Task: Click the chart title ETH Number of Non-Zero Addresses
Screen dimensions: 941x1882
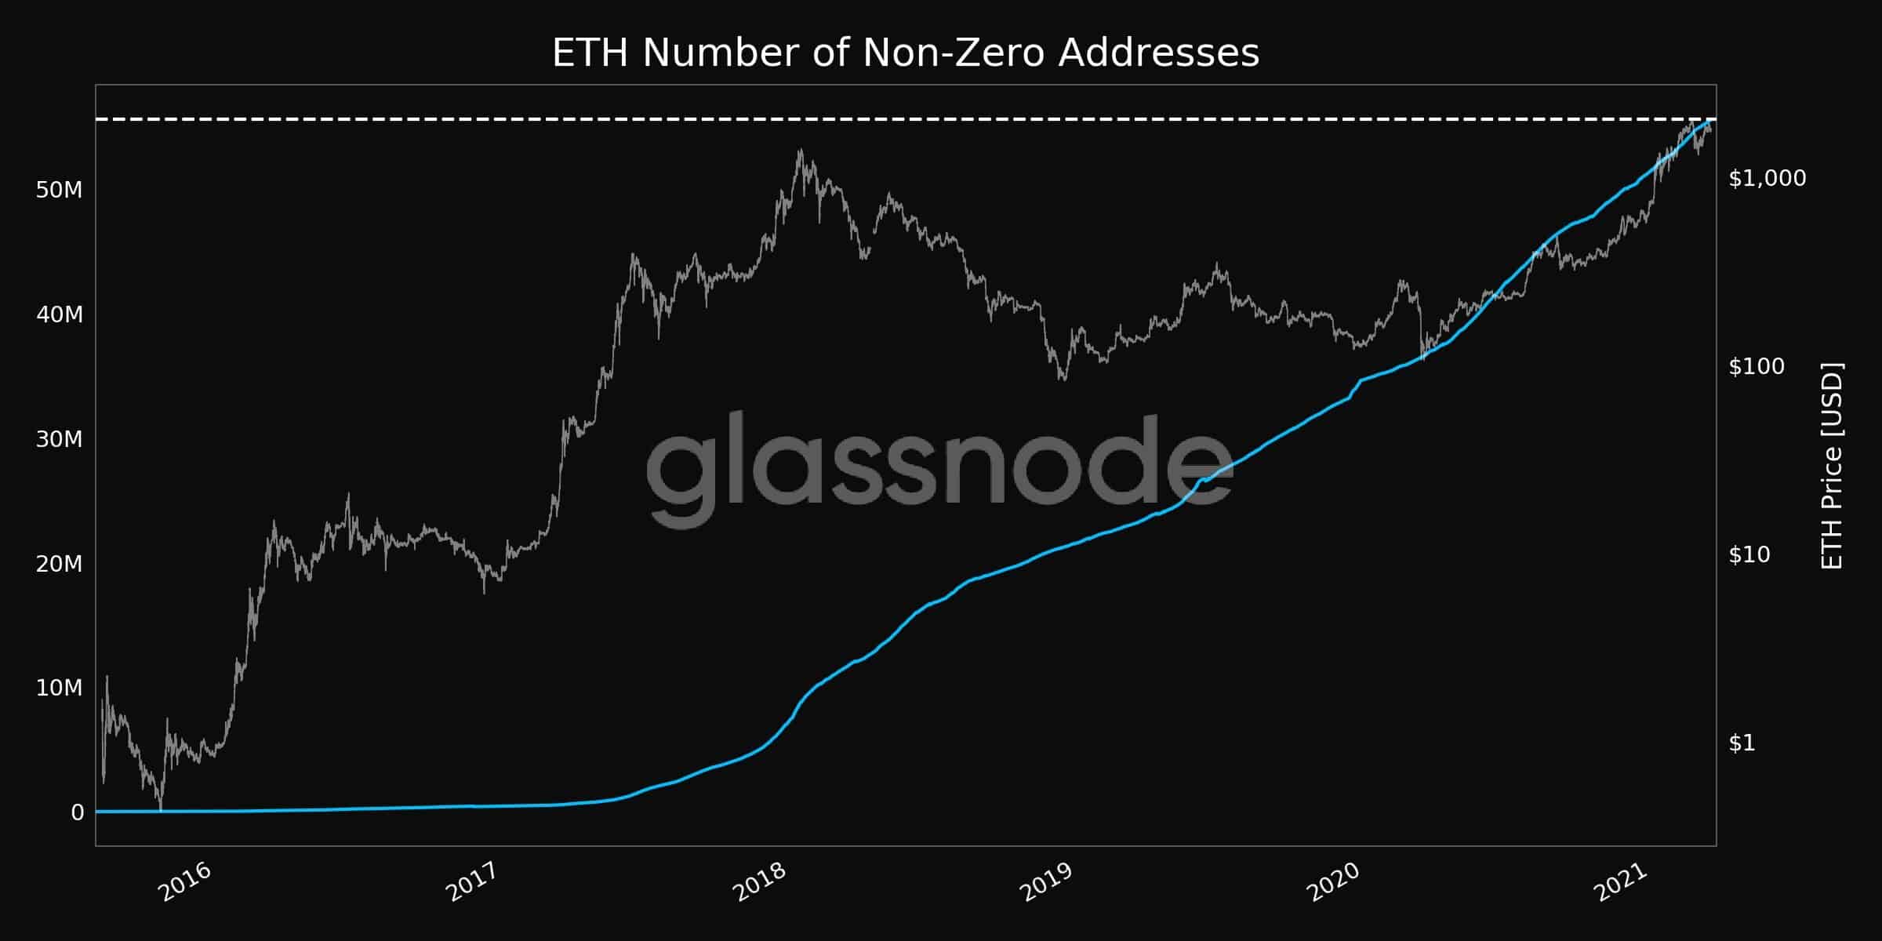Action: click(x=906, y=53)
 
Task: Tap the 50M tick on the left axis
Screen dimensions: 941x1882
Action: click(x=59, y=190)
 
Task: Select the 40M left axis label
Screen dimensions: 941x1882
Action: click(x=59, y=314)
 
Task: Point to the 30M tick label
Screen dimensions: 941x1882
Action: click(x=59, y=439)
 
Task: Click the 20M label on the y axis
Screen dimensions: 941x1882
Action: click(x=59, y=564)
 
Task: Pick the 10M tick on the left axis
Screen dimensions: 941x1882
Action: click(x=59, y=688)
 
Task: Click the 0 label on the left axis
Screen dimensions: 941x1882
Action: click(x=77, y=813)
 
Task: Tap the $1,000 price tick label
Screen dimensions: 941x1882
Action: click(x=1767, y=178)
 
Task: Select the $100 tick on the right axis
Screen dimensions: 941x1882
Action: click(x=1756, y=366)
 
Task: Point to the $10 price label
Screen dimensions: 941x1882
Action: click(x=1749, y=554)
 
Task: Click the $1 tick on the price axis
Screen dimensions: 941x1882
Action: click(x=1742, y=743)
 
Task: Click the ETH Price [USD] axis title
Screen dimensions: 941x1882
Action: click(x=1832, y=466)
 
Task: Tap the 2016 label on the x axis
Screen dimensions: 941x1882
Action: click(x=184, y=882)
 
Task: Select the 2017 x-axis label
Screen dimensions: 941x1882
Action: click(x=471, y=882)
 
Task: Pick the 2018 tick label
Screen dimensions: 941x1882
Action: click(x=758, y=882)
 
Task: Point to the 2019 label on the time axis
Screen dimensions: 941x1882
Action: click(x=1045, y=882)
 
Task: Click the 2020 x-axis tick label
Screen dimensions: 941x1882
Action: click(x=1332, y=882)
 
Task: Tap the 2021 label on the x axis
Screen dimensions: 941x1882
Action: click(x=1619, y=882)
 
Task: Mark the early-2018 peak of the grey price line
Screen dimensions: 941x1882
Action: click(x=800, y=150)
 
